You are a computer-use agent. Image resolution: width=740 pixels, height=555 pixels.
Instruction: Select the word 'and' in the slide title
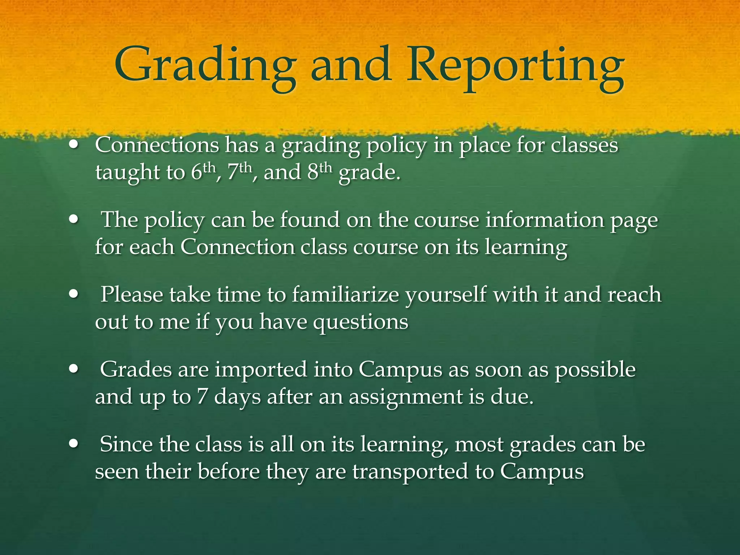(350, 65)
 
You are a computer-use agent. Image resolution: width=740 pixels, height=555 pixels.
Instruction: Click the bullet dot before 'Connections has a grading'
(74, 145)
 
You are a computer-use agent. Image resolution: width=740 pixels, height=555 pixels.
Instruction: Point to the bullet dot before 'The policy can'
(74, 219)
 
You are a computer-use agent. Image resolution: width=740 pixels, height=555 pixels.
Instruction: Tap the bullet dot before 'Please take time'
(74, 294)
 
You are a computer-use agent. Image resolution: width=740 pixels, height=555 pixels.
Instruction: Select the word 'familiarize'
(345, 294)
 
